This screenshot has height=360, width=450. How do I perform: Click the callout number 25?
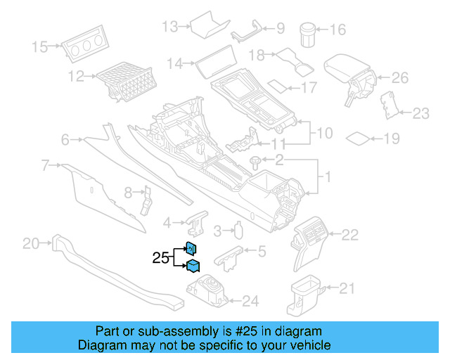click(x=160, y=258)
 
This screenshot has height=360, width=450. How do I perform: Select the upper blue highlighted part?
click(x=191, y=247)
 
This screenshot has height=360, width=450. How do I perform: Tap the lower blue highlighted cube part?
click(x=192, y=266)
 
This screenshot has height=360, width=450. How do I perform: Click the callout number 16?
click(x=338, y=30)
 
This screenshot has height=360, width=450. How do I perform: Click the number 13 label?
click(x=170, y=27)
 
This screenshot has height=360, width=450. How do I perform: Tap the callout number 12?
click(x=76, y=75)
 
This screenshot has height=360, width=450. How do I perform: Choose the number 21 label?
click(x=347, y=288)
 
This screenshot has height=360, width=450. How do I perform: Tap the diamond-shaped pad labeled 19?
click(x=359, y=138)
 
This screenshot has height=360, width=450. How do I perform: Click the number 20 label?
click(x=31, y=244)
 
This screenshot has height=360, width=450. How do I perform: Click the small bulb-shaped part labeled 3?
click(x=238, y=230)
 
